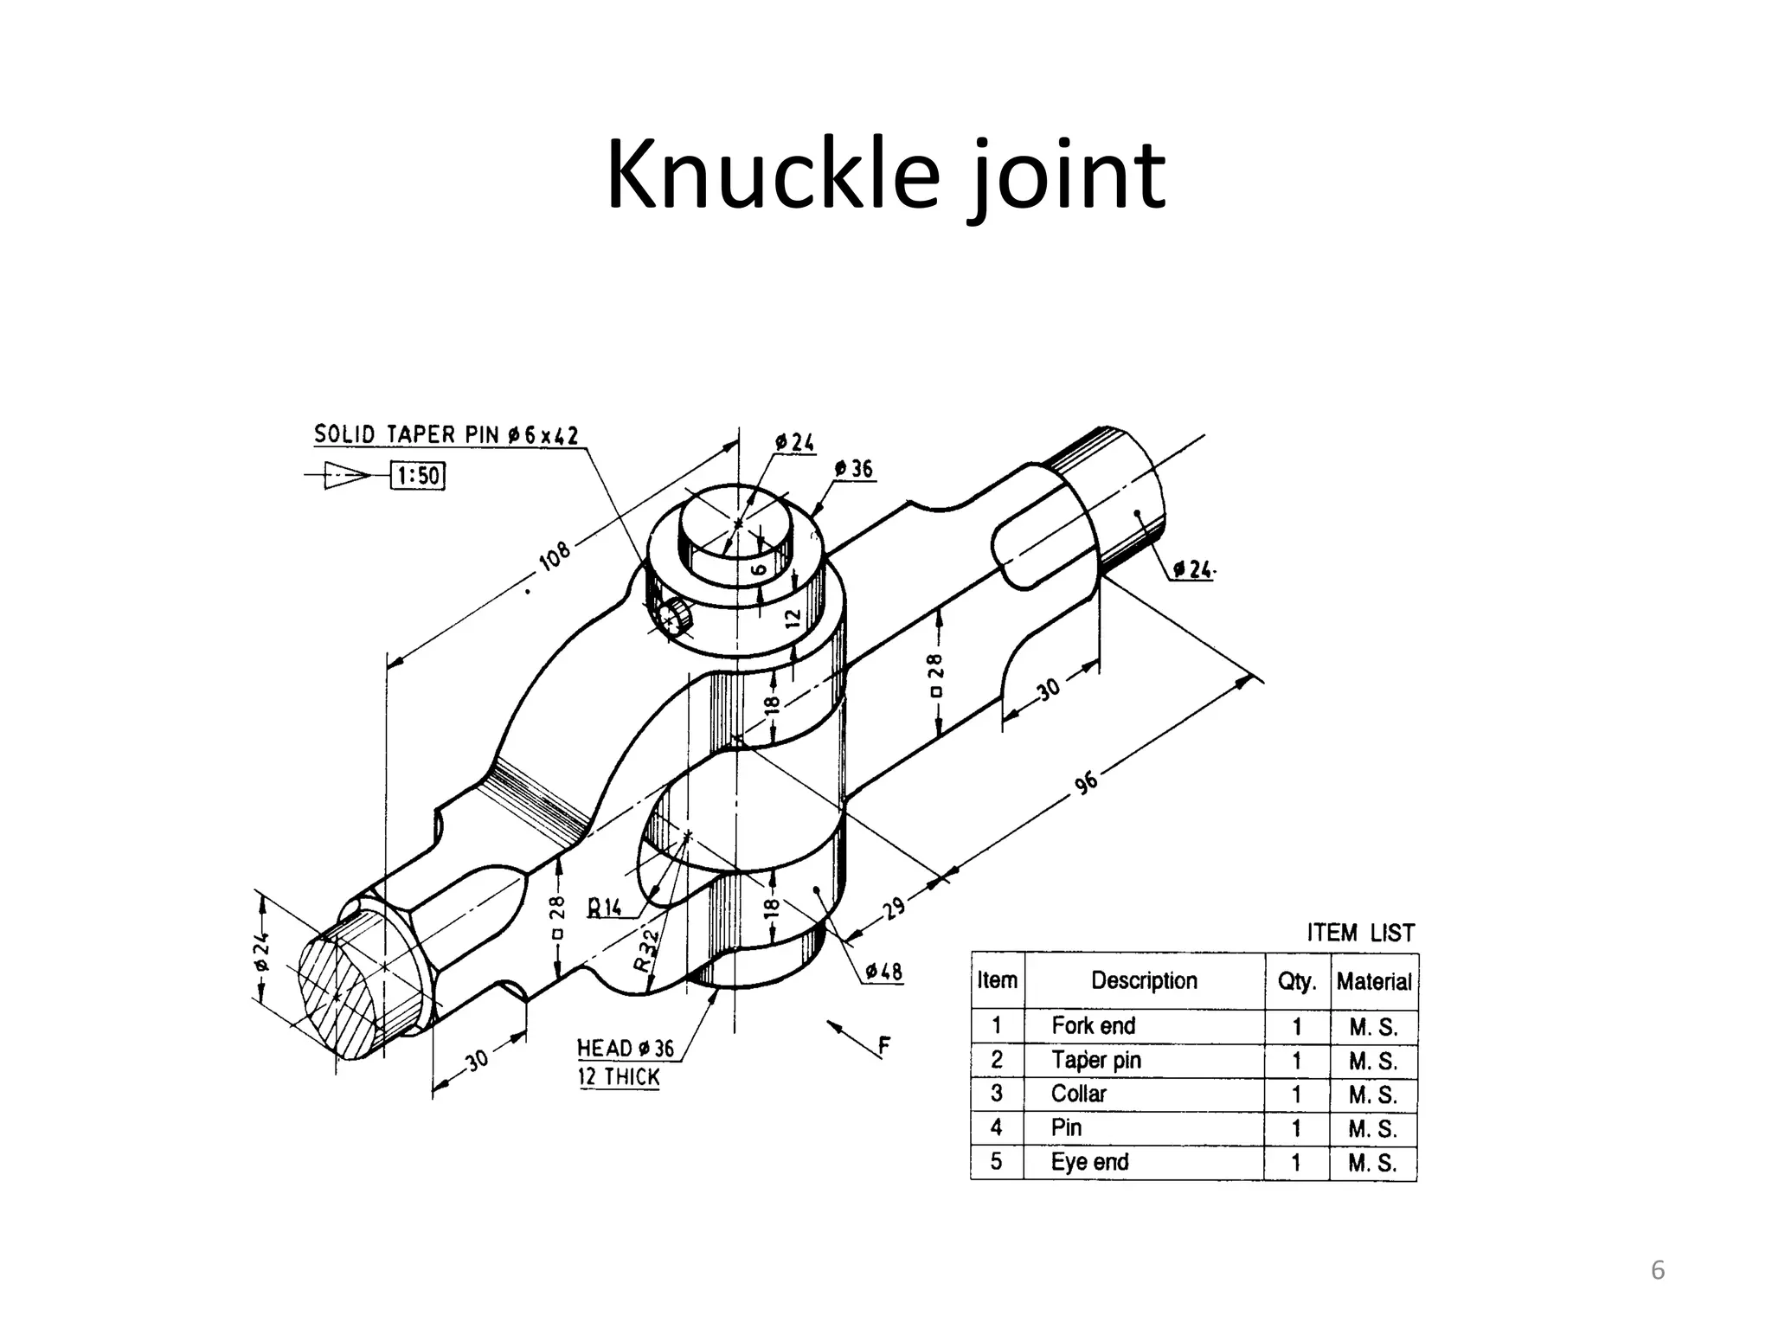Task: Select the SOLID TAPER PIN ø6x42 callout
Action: tap(446, 434)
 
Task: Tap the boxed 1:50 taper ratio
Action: tap(418, 476)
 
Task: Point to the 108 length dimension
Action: tap(555, 555)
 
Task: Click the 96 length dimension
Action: tap(1086, 783)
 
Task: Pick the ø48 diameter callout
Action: tap(883, 972)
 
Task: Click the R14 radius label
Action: tap(605, 908)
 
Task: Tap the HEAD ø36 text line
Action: tap(625, 1049)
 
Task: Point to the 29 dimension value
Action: tap(894, 908)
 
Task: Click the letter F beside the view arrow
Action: tap(883, 1047)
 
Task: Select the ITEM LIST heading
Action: tap(1360, 933)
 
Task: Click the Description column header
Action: tap(1144, 980)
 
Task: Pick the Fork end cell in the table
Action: tap(1093, 1026)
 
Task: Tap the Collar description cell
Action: tap(1078, 1094)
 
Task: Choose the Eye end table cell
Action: tap(1089, 1162)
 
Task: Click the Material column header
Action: tap(1373, 981)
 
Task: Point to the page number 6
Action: tap(1657, 1270)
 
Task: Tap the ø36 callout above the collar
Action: tap(854, 469)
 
